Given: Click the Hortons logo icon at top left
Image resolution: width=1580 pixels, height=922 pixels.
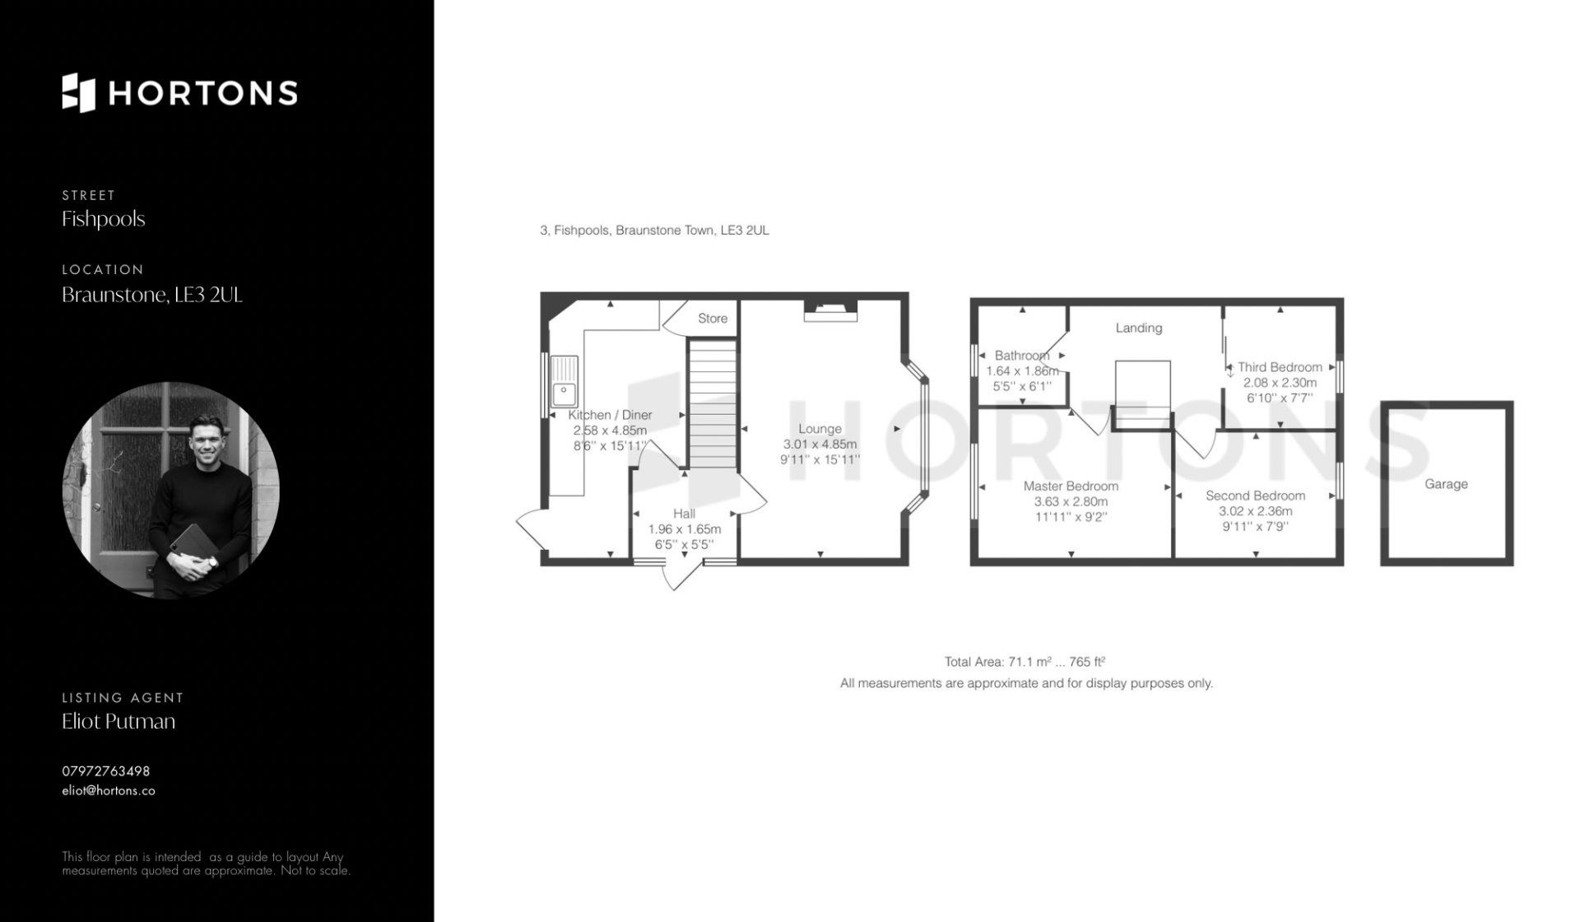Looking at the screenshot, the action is [79, 92].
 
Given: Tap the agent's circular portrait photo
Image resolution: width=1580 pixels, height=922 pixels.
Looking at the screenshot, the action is [171, 490].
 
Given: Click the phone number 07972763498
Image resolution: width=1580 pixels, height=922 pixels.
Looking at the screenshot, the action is [106, 771].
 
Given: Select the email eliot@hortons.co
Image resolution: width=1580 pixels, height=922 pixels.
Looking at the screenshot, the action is [109, 790].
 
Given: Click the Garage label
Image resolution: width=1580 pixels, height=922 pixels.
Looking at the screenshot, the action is [1446, 484].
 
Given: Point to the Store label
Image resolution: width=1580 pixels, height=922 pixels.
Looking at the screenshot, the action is [713, 319].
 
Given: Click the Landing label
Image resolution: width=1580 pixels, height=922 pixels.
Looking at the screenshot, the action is [1139, 328].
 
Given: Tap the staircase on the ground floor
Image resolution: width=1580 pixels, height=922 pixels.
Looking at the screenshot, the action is [712, 404].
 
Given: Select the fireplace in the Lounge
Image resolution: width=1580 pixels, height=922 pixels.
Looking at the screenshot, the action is [830, 310].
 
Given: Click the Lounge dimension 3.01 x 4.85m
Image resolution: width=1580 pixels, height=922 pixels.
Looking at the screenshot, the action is [820, 445].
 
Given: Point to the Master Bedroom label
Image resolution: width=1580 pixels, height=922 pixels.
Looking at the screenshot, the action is [1071, 486].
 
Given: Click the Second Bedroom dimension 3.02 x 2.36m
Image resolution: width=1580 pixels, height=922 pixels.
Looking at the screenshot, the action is [1256, 511].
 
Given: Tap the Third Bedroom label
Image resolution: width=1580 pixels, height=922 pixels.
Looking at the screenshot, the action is [1280, 367].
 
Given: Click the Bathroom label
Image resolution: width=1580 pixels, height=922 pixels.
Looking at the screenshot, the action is [1022, 356].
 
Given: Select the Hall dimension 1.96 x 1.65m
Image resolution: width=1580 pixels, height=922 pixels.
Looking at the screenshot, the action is [685, 529].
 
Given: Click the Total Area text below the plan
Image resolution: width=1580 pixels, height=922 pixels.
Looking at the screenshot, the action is [1025, 661].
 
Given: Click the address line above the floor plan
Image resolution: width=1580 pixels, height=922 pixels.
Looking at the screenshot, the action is [654, 230].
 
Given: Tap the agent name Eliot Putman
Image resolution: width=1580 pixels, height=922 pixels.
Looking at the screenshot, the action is [118, 721].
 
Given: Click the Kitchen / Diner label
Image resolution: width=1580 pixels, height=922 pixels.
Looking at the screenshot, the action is [610, 415].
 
